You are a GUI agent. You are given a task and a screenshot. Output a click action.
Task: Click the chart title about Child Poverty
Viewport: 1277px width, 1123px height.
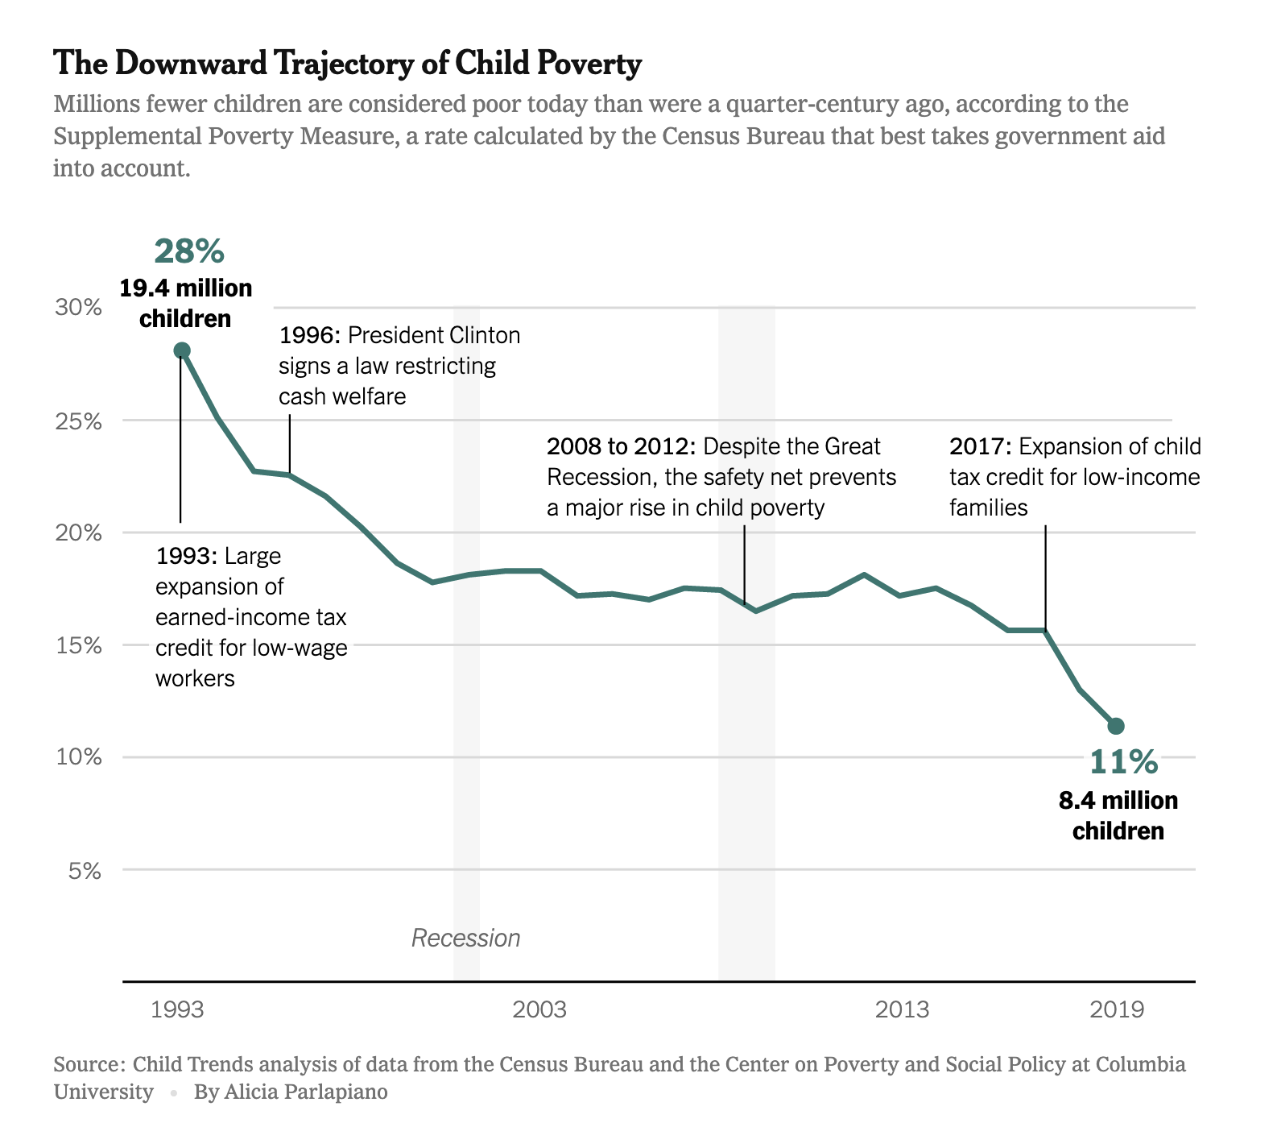(347, 63)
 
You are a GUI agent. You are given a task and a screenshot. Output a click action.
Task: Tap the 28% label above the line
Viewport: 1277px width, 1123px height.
(189, 251)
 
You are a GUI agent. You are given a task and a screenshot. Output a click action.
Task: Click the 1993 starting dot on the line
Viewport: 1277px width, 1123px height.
(182, 350)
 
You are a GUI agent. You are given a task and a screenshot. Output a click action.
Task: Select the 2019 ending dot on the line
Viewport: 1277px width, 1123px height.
(1116, 726)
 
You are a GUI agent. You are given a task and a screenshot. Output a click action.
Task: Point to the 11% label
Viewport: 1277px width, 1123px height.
(1123, 761)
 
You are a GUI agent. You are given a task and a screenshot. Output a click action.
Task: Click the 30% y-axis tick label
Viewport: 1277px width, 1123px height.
(78, 308)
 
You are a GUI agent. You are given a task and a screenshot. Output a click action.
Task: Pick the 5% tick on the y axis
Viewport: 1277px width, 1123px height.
(85, 871)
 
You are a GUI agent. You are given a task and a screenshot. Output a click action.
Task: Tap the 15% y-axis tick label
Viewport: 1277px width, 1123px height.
(78, 646)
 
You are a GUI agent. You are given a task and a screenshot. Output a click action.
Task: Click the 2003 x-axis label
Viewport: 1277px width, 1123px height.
(539, 1009)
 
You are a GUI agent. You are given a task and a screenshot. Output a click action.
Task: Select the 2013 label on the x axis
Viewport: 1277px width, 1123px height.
(902, 1009)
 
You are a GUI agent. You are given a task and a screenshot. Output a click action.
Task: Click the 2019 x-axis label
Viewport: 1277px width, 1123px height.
(1116, 1009)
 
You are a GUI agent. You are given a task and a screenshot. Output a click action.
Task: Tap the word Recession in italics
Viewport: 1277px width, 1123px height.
(465, 938)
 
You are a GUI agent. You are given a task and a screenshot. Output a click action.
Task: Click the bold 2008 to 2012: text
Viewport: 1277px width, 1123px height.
(621, 446)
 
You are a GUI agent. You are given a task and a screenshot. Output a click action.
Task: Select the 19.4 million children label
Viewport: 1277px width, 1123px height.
(186, 303)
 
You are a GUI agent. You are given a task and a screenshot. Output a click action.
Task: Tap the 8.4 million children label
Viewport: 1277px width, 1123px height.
(1118, 815)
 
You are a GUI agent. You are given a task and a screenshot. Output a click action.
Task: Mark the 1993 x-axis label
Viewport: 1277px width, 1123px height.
(178, 1009)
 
